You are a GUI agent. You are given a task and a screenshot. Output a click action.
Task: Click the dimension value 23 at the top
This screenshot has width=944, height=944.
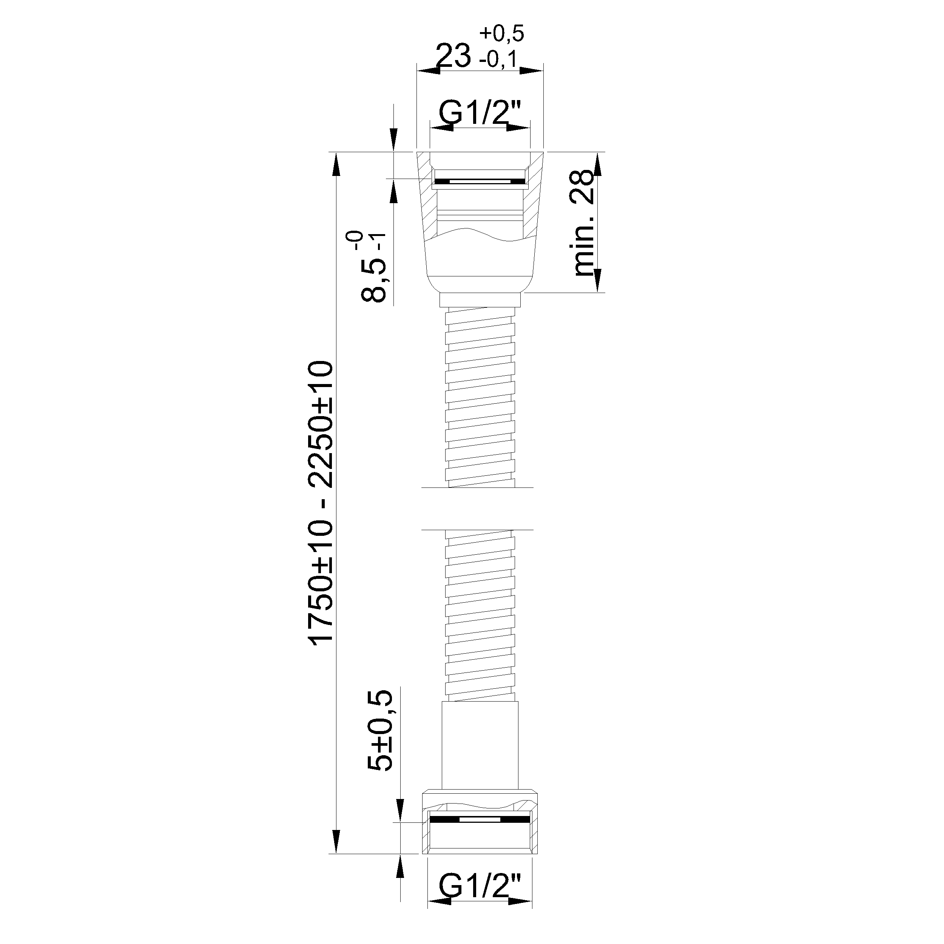(x=453, y=55)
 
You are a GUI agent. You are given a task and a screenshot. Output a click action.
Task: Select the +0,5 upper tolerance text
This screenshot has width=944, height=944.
(x=502, y=33)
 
